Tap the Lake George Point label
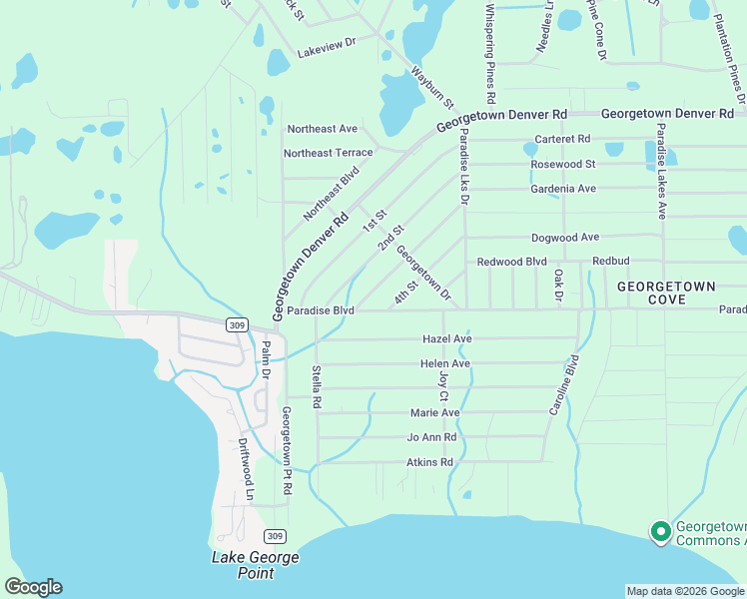[242, 565]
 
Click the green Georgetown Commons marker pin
[659, 532]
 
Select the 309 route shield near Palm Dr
[236, 324]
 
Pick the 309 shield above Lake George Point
[277, 536]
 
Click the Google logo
[33, 587]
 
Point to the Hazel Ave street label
[446, 339]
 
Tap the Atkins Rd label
[429, 462]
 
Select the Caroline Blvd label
[564, 384]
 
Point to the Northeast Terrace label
[328, 153]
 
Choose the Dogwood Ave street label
[565, 238]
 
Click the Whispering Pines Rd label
[490, 55]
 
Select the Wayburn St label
[433, 88]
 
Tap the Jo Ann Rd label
[431, 437]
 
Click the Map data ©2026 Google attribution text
[684, 591]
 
